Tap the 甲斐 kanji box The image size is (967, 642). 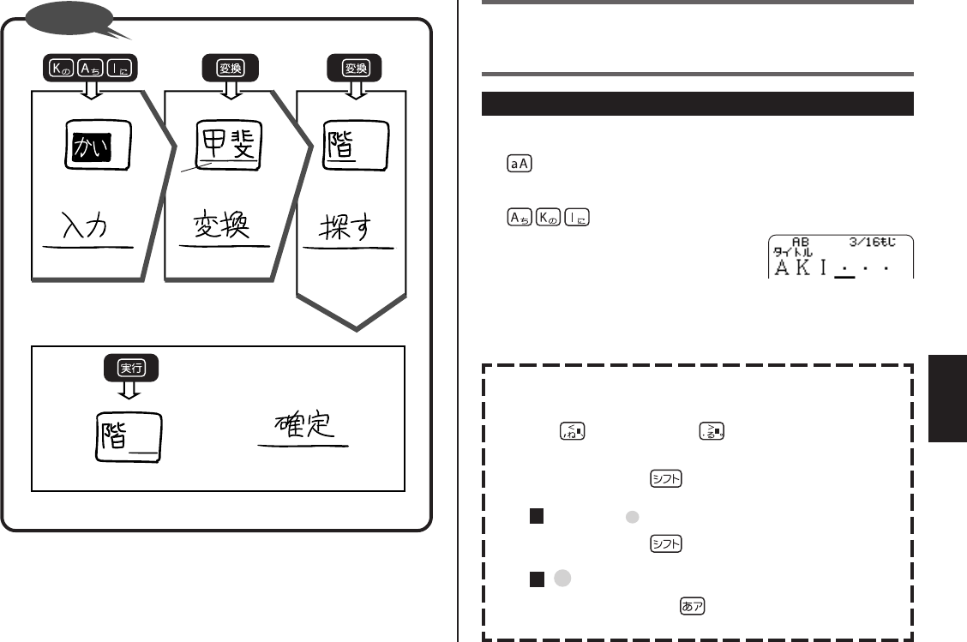227,142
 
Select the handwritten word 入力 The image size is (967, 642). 91,227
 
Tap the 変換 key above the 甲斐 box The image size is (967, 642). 230,68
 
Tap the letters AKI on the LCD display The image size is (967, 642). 802,268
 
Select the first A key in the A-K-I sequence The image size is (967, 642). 519,219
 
